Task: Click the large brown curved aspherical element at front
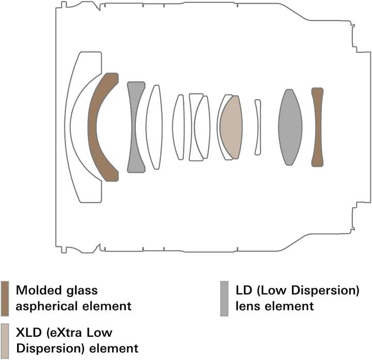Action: click(x=92, y=127)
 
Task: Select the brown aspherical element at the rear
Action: click(x=317, y=127)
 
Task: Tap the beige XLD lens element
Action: click(x=231, y=128)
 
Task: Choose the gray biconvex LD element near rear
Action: click(x=290, y=127)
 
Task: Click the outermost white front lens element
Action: click(x=68, y=127)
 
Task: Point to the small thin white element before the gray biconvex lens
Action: click(x=258, y=128)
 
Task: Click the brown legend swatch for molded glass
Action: click(x=5, y=299)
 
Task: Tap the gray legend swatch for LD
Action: click(x=224, y=299)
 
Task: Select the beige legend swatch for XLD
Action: click(x=5, y=341)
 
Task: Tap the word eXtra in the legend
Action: click(x=63, y=333)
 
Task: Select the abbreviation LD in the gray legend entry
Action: click(x=244, y=290)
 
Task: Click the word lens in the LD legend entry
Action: click(x=248, y=306)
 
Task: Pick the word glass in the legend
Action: click(x=82, y=291)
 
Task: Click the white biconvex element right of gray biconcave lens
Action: click(x=154, y=127)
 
